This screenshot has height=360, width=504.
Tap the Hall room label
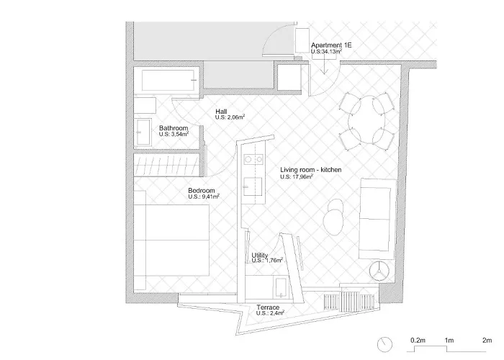click(222, 112)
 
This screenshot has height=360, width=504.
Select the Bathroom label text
click(174, 128)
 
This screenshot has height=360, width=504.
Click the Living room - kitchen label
click(310, 170)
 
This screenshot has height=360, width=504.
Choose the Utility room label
click(260, 256)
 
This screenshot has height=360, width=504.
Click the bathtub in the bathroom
click(168, 81)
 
